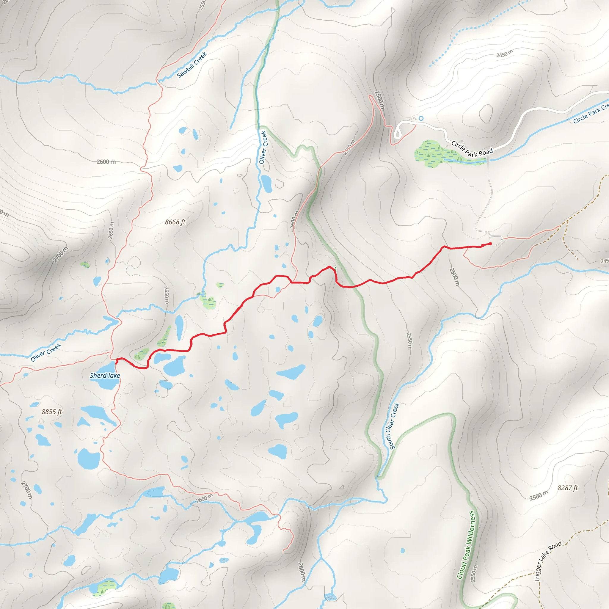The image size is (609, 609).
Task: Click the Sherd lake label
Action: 105,376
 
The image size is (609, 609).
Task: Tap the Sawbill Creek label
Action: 192,65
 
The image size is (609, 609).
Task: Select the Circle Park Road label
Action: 472,149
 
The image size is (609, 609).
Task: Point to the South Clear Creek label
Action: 392,426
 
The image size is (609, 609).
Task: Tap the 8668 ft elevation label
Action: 175,222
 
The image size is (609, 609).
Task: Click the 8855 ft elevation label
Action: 52,412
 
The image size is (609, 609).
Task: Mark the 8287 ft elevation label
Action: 567,488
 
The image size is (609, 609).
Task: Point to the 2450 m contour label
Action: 504,54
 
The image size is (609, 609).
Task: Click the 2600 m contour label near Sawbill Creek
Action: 106,162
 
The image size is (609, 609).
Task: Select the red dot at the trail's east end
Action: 490,244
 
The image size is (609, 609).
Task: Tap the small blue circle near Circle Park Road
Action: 421,118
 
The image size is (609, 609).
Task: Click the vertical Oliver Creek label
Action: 263,147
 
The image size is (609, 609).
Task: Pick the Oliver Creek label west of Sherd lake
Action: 46,352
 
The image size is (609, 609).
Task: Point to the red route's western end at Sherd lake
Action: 117,362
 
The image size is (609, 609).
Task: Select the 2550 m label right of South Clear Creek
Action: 409,341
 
